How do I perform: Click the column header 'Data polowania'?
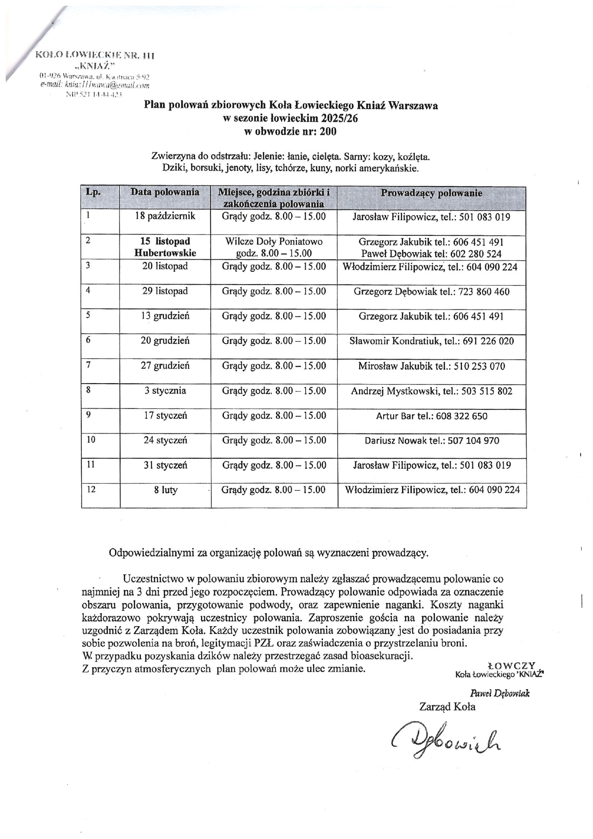point(165,192)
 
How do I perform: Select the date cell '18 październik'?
point(165,216)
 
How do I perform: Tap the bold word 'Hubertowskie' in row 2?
point(165,253)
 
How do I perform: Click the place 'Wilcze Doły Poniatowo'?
point(274,241)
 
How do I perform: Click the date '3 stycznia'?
point(165,391)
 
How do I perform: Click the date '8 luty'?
point(165,490)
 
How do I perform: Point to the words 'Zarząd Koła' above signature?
point(447,707)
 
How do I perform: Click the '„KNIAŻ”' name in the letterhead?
point(96,65)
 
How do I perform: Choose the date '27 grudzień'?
point(165,366)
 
